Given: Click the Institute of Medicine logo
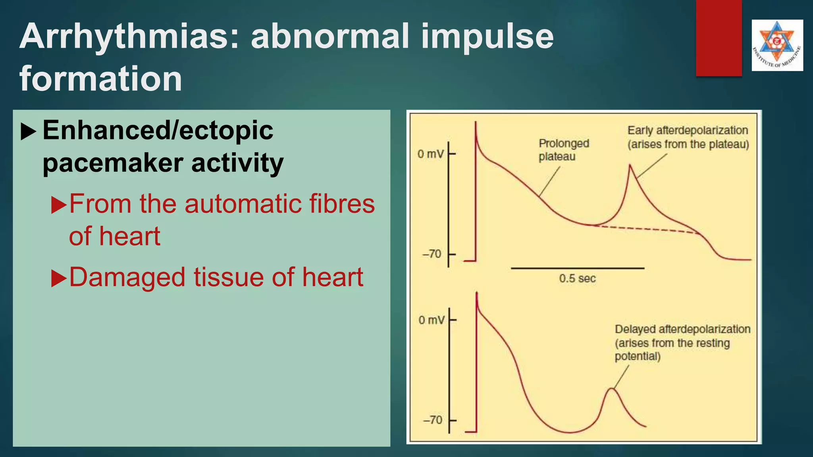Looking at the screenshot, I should click(x=777, y=45).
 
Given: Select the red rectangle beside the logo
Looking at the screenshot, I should click(x=719, y=38).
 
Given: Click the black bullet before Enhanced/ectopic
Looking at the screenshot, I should click(x=29, y=131).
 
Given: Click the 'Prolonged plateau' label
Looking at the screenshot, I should click(x=563, y=150).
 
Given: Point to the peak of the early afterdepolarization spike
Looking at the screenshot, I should click(x=630, y=165).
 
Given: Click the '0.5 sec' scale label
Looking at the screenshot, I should click(x=577, y=278).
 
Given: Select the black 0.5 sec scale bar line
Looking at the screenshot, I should click(x=577, y=269).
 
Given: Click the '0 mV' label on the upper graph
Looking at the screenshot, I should click(x=430, y=154).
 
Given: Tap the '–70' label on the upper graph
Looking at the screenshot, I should click(x=432, y=254).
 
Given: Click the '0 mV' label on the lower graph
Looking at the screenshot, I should click(x=432, y=320).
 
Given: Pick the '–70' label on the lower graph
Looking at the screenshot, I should click(x=432, y=420).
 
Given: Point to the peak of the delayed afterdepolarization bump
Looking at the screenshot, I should click(x=612, y=389).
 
